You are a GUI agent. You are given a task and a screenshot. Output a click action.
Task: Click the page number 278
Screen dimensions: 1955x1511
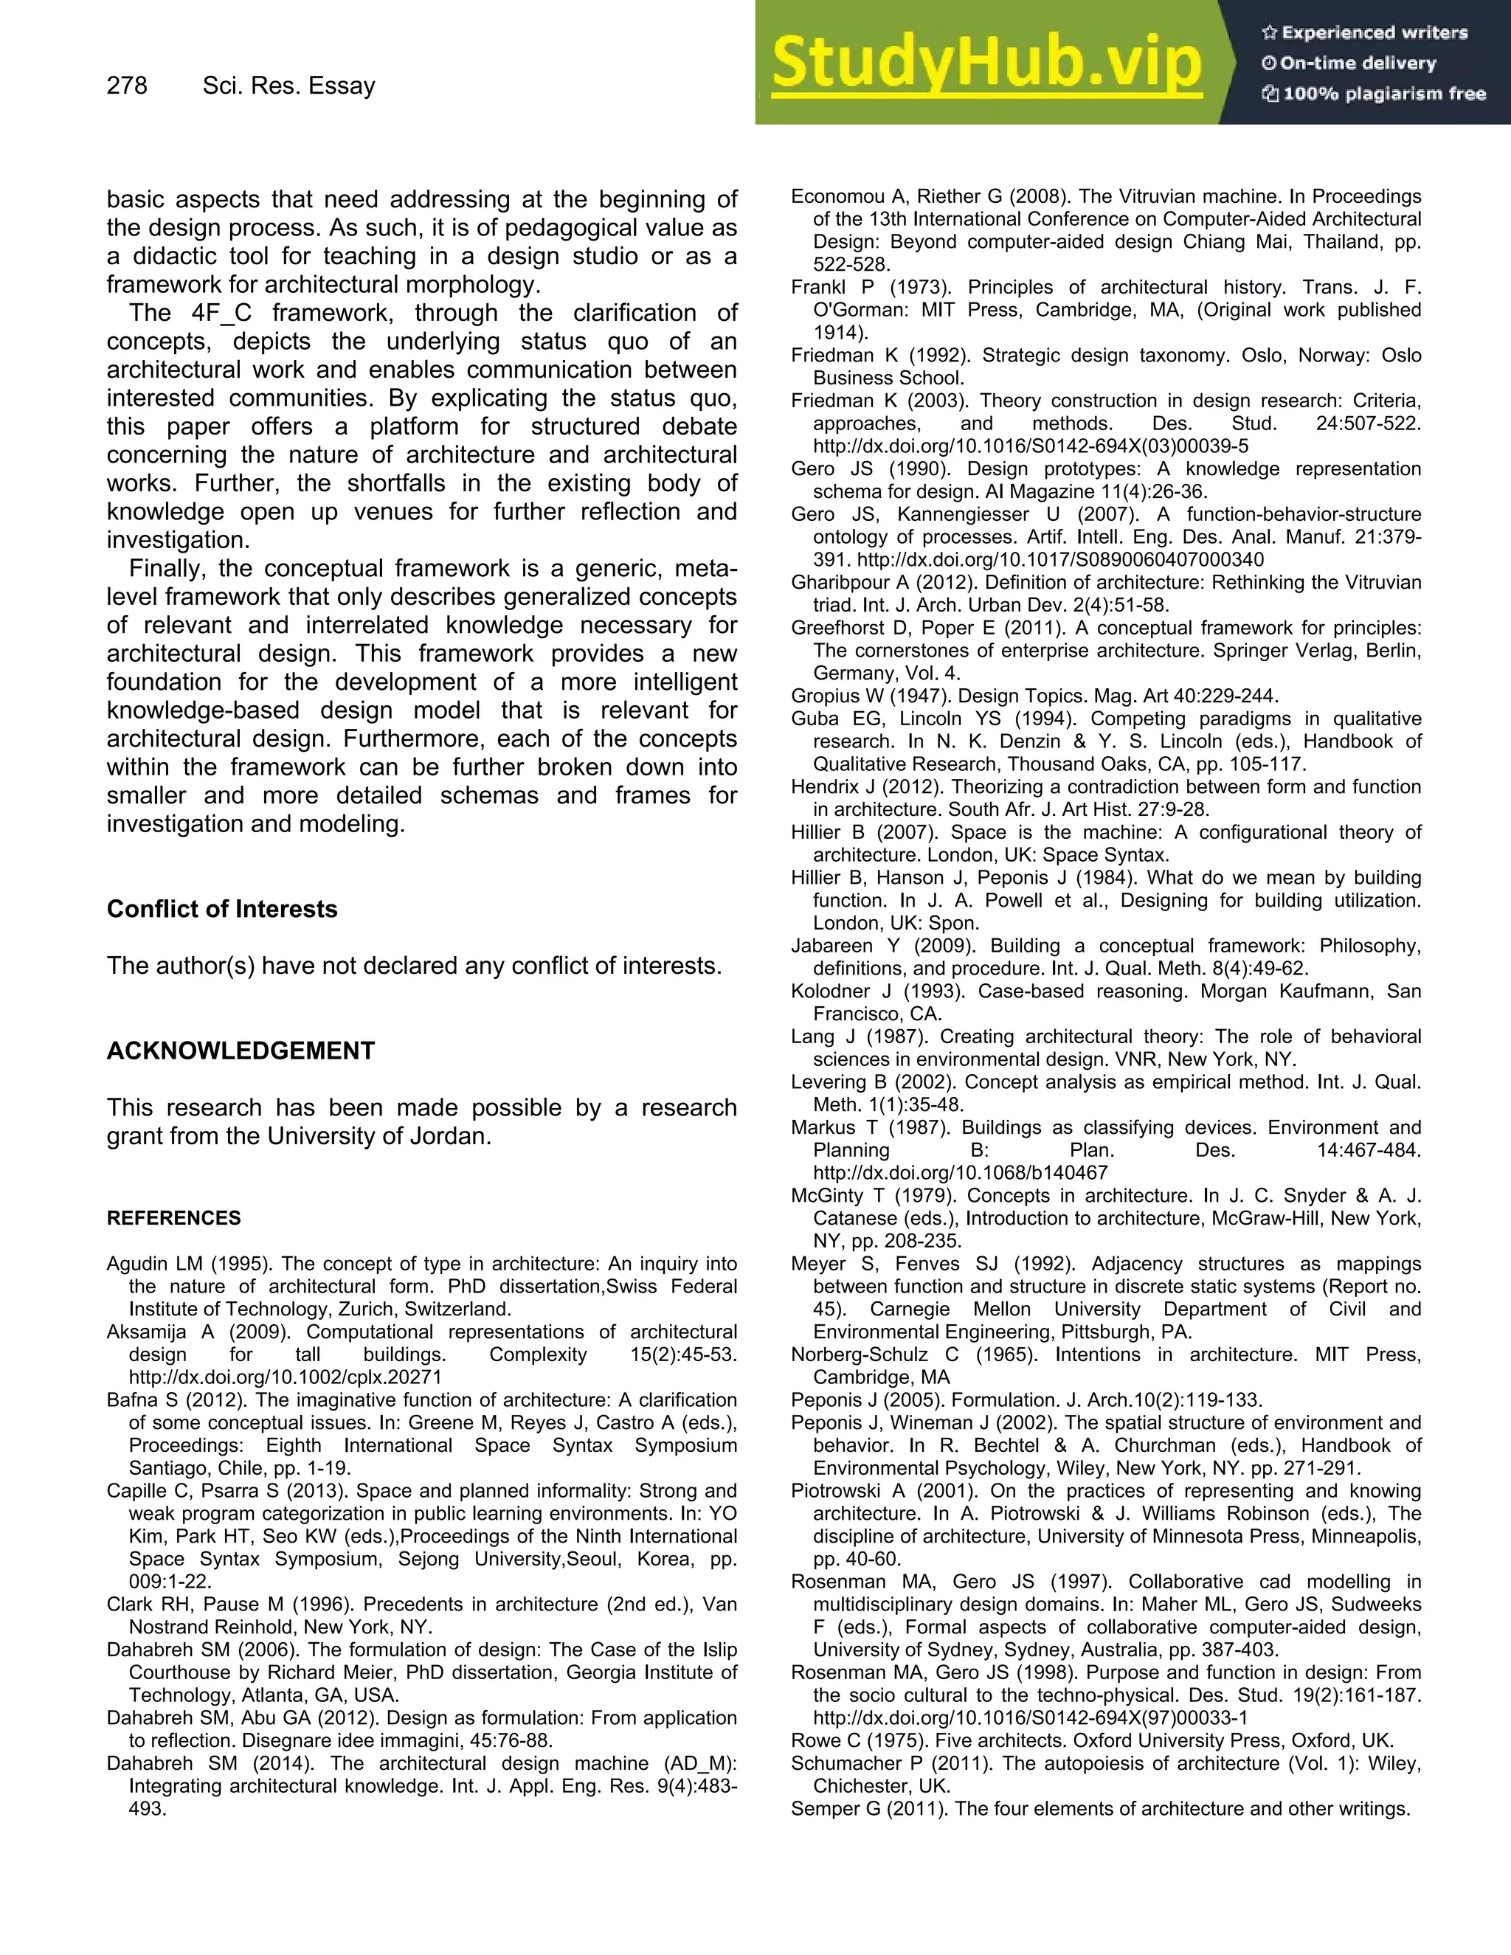(126, 86)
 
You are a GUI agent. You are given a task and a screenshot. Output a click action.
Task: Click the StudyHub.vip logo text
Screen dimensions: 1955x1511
(986, 63)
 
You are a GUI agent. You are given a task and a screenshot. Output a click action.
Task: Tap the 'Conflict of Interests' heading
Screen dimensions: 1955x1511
(222, 909)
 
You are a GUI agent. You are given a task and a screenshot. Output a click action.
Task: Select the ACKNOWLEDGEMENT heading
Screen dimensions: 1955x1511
(240, 1050)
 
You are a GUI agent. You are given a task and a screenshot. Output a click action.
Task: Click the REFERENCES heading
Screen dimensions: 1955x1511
(173, 1217)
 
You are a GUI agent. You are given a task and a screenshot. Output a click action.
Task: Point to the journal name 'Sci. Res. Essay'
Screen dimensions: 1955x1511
(288, 86)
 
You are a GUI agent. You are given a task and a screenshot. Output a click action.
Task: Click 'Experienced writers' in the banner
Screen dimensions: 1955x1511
(1374, 33)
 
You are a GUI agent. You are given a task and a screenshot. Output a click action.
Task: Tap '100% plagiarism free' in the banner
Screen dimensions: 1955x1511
(1384, 94)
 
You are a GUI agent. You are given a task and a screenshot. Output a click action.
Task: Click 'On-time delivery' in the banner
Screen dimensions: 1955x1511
(1357, 63)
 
